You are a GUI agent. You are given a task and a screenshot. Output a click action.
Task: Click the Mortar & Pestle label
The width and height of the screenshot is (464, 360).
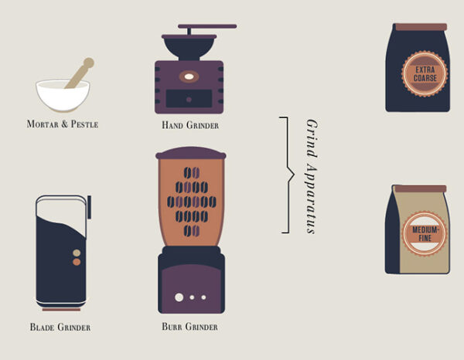(x=63, y=124)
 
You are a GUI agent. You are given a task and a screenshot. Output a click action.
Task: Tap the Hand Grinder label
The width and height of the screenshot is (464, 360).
(x=190, y=125)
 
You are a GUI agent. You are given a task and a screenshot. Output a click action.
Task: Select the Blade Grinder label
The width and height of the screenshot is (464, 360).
(x=60, y=327)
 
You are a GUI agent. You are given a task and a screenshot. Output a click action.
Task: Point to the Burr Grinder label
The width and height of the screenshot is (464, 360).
(x=189, y=326)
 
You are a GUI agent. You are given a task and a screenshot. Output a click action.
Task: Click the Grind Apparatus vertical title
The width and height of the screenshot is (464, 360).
(x=312, y=176)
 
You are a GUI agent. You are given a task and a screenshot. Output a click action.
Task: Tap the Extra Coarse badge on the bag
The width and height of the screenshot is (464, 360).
(x=425, y=73)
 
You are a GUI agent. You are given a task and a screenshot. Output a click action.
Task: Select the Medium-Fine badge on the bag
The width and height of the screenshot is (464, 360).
(x=425, y=233)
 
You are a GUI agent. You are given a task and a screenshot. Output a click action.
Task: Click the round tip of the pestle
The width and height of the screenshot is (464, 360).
(x=88, y=63)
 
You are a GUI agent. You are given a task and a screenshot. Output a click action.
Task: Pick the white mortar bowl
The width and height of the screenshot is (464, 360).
(x=63, y=95)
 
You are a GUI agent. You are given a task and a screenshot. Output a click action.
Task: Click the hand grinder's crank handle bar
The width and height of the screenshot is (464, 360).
(x=207, y=26)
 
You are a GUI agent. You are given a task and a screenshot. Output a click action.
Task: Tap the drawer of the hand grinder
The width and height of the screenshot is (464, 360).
(x=189, y=99)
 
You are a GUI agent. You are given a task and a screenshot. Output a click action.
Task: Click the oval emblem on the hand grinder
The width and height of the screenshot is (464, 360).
(x=189, y=76)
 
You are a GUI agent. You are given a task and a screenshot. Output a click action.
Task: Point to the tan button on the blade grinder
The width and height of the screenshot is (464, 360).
(x=77, y=253)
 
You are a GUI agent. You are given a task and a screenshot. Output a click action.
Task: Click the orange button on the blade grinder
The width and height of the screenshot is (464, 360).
(x=77, y=262)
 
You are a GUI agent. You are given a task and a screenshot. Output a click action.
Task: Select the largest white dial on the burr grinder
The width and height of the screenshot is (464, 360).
(x=179, y=297)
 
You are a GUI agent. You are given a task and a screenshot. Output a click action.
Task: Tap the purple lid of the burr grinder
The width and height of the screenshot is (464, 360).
(x=191, y=153)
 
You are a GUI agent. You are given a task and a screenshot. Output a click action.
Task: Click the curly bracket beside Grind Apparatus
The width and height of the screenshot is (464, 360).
(x=288, y=175)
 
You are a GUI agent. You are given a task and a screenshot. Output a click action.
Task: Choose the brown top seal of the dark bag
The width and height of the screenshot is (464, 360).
(x=421, y=27)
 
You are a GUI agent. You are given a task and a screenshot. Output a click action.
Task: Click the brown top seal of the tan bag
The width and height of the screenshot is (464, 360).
(x=421, y=188)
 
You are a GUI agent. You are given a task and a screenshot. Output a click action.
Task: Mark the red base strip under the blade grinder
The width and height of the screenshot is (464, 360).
(x=61, y=310)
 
